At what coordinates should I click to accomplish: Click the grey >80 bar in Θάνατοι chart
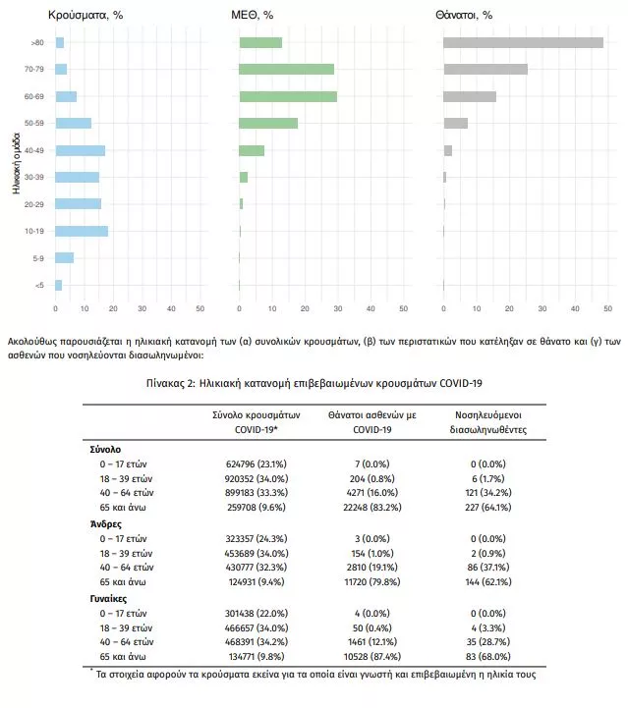tap(523, 42)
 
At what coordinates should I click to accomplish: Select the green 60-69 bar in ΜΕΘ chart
tap(288, 96)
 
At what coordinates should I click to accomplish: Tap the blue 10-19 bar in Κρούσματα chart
tap(82, 231)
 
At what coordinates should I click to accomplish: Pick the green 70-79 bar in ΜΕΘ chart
tap(286, 69)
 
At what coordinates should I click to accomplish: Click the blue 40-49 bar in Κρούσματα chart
tap(81, 150)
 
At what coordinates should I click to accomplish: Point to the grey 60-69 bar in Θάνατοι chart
tap(470, 96)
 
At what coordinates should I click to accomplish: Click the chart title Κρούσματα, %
tap(86, 15)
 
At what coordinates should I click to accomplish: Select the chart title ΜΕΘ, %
tap(253, 15)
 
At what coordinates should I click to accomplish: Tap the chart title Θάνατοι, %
tap(464, 15)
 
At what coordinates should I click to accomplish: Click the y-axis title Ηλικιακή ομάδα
tap(17, 163)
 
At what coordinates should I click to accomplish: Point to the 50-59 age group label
tap(34, 123)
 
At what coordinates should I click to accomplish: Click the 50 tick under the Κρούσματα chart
tap(200, 308)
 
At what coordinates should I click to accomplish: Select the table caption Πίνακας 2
tap(314, 383)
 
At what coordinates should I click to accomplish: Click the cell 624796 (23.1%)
tap(257, 463)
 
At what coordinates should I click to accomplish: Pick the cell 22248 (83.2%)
tap(372, 507)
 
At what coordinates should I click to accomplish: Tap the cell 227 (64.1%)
tap(488, 507)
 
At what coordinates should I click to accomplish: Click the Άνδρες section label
tap(106, 524)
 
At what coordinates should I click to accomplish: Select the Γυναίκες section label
tap(108, 599)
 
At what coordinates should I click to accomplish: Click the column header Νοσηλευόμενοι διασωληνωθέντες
tap(488, 422)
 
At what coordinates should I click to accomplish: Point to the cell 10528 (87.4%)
tap(372, 656)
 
